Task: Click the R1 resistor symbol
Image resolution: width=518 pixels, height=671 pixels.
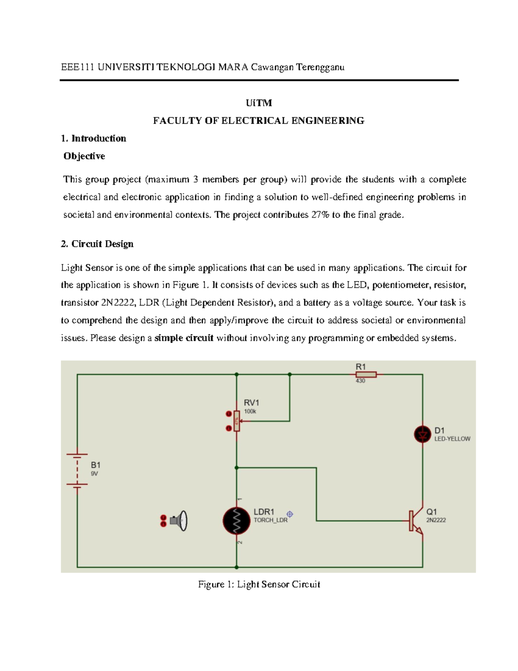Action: [x=366, y=375]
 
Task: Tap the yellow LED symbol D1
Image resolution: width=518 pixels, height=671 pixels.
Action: [x=422, y=434]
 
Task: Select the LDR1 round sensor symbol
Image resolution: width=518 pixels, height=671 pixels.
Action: [x=236, y=521]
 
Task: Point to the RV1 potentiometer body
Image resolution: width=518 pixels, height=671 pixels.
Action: [x=237, y=421]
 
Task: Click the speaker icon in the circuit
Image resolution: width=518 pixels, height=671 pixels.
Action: [x=179, y=521]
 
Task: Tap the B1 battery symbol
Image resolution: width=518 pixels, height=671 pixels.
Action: [x=77, y=469]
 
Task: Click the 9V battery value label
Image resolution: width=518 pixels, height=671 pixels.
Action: [x=94, y=474]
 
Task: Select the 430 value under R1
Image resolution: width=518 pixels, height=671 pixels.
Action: [x=360, y=381]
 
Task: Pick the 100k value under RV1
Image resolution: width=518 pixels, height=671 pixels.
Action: [x=250, y=412]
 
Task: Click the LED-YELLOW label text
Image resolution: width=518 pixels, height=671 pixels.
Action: [x=452, y=439]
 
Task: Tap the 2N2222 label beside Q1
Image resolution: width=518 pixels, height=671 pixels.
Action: [x=436, y=520]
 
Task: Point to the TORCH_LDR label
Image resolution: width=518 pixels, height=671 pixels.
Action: [x=270, y=520]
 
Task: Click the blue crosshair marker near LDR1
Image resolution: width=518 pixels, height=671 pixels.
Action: [x=290, y=514]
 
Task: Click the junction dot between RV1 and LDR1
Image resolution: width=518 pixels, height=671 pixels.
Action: [x=237, y=467]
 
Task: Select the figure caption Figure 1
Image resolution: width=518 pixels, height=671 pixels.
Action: [x=259, y=585]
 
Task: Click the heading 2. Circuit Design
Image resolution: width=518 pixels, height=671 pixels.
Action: [x=97, y=244]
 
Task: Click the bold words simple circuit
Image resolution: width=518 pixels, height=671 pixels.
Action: [x=184, y=338]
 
